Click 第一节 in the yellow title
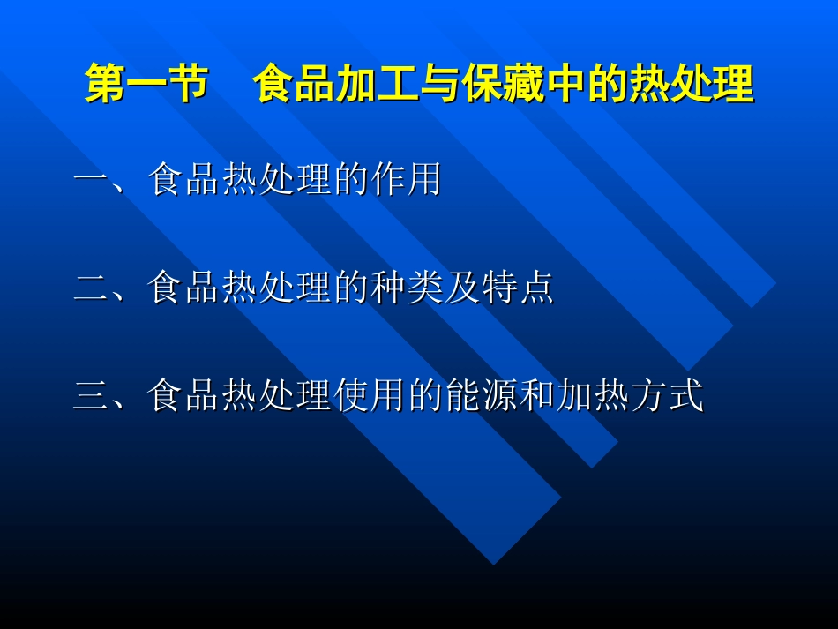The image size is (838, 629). (x=146, y=86)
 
